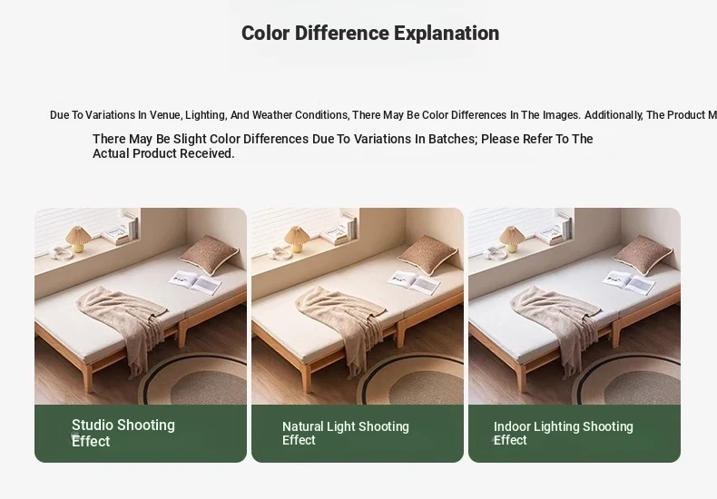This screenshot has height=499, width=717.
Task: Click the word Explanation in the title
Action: (447, 34)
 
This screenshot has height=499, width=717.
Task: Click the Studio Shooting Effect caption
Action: (123, 433)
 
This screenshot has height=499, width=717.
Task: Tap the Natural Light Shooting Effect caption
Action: (346, 433)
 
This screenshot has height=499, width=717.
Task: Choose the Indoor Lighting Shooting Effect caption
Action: (564, 433)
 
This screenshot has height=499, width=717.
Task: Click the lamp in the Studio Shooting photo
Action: (78, 239)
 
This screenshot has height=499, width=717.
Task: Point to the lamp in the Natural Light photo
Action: (297, 239)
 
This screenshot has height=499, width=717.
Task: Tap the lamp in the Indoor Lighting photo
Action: (512, 239)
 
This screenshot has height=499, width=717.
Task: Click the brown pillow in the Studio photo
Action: (209, 255)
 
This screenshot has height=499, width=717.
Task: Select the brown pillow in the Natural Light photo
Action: (427, 255)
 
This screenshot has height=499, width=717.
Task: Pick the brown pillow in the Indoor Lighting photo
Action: (643, 255)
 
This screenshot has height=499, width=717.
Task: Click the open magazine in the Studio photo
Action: (195, 283)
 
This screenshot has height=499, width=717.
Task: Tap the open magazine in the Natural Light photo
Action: (414, 283)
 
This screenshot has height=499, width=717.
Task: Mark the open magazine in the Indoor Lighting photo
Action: (629, 283)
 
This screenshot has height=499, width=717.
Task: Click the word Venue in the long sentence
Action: (166, 115)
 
